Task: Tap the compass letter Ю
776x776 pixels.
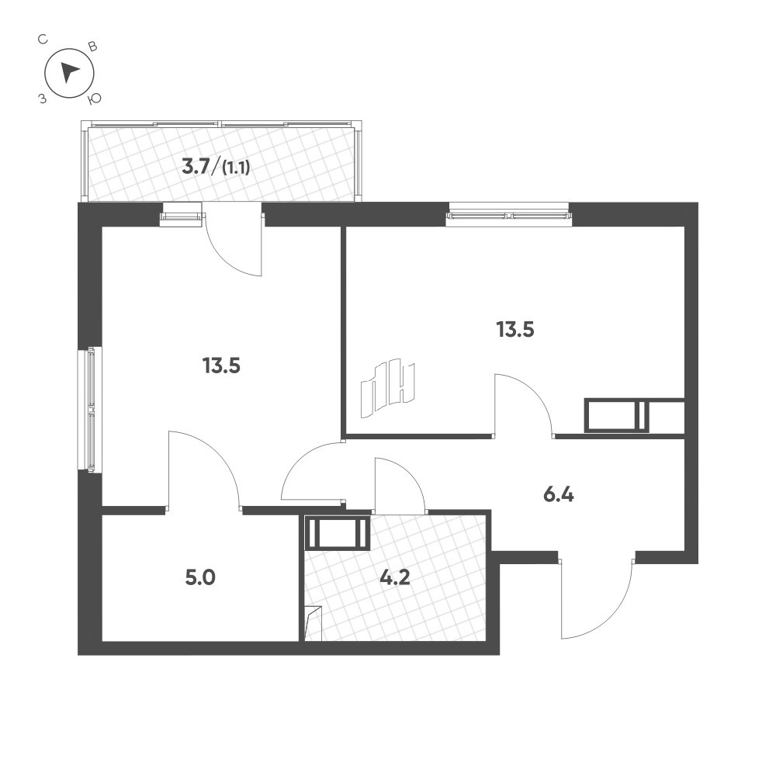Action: pyautogui.click(x=95, y=99)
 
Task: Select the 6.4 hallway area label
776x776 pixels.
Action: pyautogui.click(x=558, y=494)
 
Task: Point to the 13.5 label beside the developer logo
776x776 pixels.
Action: pyautogui.click(x=516, y=329)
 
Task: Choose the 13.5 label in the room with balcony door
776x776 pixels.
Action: pyautogui.click(x=221, y=365)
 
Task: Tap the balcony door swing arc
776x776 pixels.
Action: pyautogui.click(x=237, y=252)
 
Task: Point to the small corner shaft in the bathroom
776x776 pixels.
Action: pyautogui.click(x=313, y=624)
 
